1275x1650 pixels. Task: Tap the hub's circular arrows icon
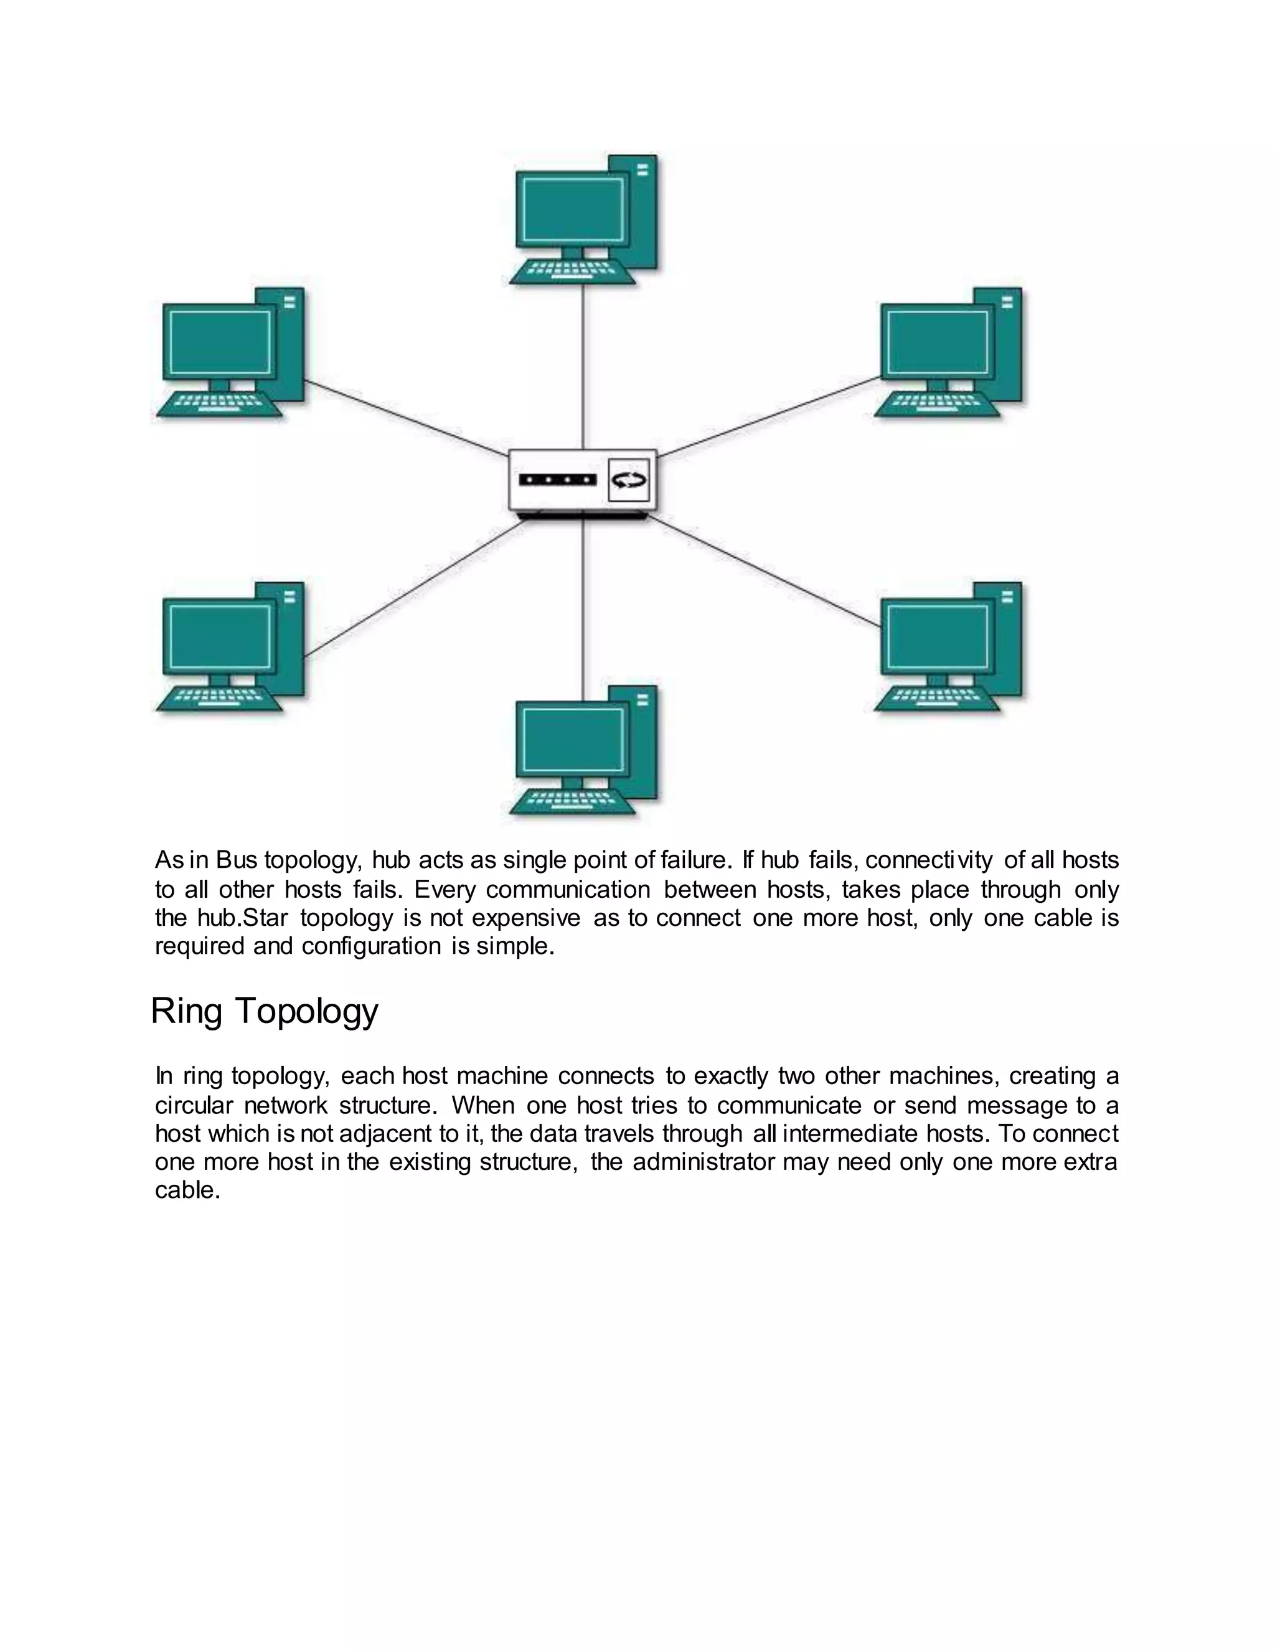pos(628,479)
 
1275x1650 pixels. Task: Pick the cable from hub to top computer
pos(582,362)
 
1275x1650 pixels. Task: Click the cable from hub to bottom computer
pos(582,605)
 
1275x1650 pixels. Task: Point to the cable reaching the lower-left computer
pos(415,587)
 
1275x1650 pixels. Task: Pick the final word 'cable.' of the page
pos(187,1190)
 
